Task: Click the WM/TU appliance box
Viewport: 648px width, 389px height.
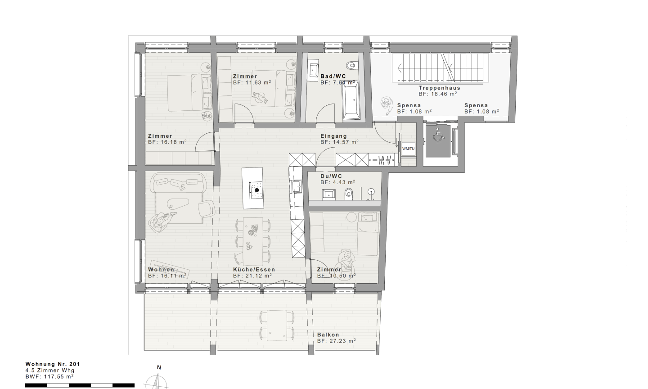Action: (x=408, y=149)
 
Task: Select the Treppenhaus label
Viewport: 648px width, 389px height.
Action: (x=439, y=88)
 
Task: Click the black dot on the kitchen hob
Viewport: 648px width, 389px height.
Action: (x=256, y=190)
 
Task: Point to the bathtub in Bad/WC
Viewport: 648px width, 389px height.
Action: (x=351, y=100)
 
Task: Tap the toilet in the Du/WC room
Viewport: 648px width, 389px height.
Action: (x=349, y=194)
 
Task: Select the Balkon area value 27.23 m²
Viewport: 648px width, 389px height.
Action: (x=337, y=341)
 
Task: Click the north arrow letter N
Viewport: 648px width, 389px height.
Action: (x=159, y=367)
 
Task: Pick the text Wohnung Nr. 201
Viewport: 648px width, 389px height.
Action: (x=53, y=364)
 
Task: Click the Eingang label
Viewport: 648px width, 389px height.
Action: (x=333, y=136)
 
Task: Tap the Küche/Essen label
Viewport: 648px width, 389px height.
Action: (x=254, y=270)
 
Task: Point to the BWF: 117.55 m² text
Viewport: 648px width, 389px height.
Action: (x=49, y=376)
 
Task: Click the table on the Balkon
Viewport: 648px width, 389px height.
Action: (x=277, y=326)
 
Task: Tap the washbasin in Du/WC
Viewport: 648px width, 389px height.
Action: (x=329, y=194)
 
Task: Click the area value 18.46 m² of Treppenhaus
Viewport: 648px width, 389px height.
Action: (x=438, y=94)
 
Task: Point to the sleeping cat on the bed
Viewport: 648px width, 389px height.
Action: (x=260, y=97)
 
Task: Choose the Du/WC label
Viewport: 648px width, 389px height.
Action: (x=331, y=176)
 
